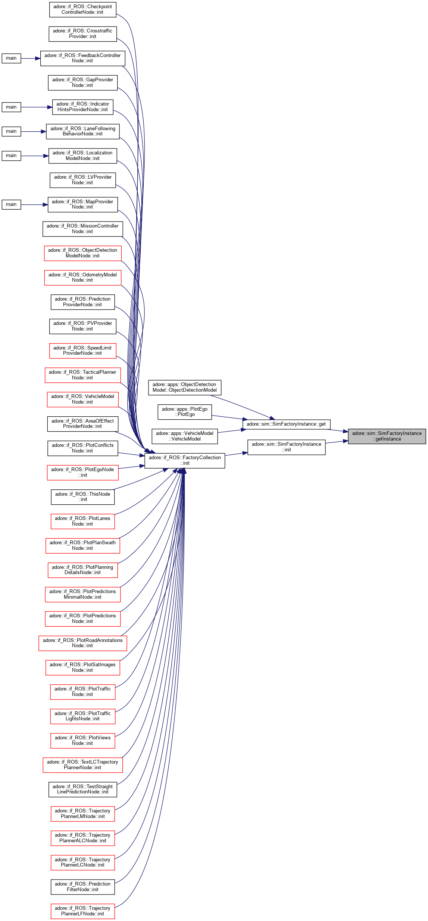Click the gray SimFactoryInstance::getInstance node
coord(387,436)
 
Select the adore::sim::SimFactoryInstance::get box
coord(286,424)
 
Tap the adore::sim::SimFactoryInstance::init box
coord(286,447)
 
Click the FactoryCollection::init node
coord(185,460)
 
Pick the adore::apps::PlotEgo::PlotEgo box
coord(185,411)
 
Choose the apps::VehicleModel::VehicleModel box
coord(185,436)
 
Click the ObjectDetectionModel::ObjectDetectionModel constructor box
coord(185,387)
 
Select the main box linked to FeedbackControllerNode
coord(11,58)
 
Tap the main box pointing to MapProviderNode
coord(11,204)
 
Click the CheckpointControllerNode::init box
coord(82,9)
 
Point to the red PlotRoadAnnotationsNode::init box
coord(82,643)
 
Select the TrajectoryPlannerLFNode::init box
coord(82,911)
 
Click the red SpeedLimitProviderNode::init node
coord(82,351)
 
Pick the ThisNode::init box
coord(82,496)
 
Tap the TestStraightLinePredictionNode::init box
coord(82,789)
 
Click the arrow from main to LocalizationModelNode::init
coord(35,156)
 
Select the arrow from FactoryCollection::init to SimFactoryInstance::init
coord(236,454)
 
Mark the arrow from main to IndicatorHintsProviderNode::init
coord(37,107)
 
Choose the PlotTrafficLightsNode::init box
coord(82,716)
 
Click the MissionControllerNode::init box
coord(82,229)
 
